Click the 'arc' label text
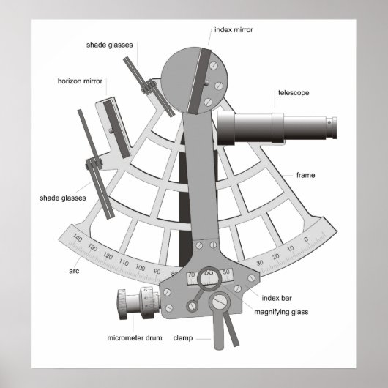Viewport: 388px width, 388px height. coord(74,270)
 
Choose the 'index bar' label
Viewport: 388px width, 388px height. coord(277,298)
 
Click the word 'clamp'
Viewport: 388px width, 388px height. coord(182,339)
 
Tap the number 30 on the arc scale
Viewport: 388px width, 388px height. coord(260,263)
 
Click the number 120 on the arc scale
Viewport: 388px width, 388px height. coord(108,257)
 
